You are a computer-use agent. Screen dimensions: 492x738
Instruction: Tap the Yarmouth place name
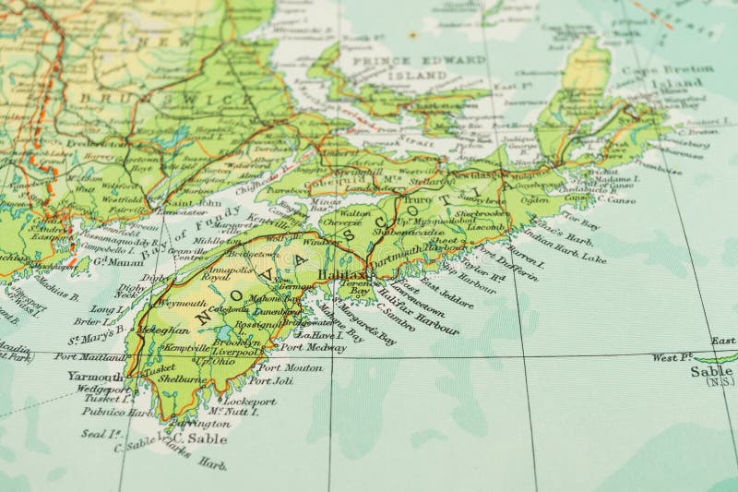(94, 377)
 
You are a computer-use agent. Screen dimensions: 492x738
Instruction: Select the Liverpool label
(236, 351)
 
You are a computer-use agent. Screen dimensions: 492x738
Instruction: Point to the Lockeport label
(249, 402)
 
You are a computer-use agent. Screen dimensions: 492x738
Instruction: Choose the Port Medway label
(313, 347)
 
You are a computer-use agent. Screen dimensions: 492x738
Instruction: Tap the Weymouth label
(182, 302)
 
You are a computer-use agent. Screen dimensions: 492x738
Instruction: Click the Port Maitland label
(89, 356)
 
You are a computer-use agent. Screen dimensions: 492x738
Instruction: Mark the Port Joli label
(270, 380)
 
